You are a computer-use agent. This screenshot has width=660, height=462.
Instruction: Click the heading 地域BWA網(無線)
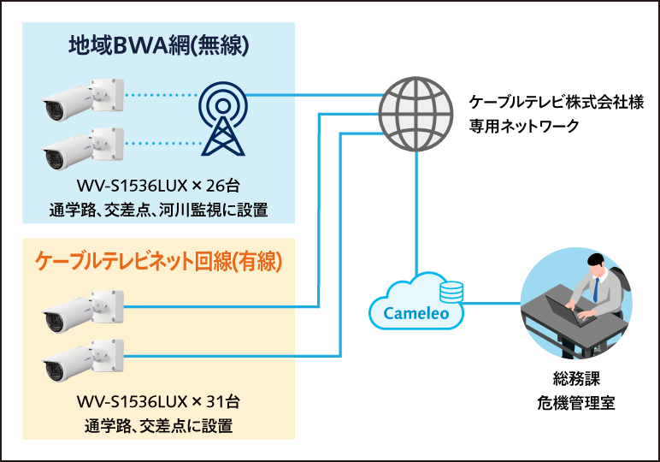click(x=158, y=44)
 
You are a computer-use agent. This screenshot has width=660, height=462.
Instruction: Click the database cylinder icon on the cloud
click(x=451, y=292)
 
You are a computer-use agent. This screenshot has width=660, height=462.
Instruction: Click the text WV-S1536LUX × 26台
click(x=158, y=187)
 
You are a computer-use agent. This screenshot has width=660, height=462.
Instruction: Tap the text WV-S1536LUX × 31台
click(x=158, y=400)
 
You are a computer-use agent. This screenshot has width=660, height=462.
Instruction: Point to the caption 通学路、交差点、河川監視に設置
click(x=158, y=210)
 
